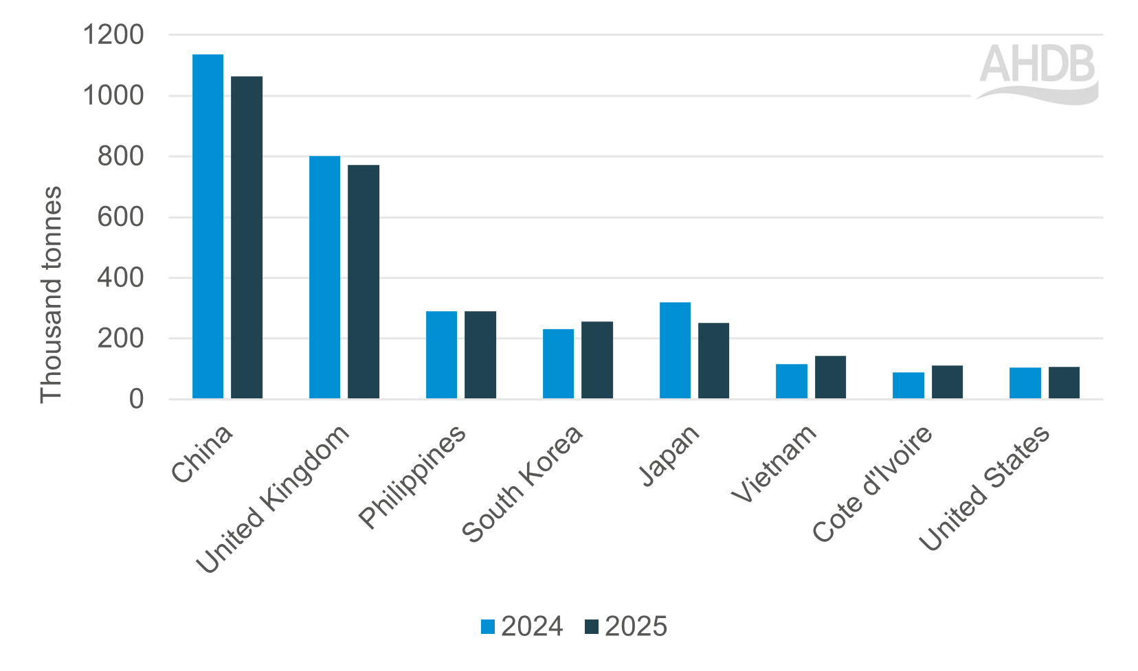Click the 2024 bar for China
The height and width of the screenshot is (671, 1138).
coord(208,227)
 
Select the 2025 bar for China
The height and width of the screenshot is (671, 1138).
coord(247,238)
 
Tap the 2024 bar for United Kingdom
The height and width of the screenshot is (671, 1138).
coord(324,277)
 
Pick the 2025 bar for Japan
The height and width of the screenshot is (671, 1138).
coord(713,361)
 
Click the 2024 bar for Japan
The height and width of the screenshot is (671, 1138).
coord(675,350)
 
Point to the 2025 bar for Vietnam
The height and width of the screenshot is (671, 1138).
coord(830,377)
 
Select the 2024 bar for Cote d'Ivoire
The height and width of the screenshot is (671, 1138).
coord(908,385)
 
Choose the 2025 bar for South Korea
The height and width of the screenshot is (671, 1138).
coord(597,360)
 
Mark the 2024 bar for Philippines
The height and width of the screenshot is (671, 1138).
coord(441,355)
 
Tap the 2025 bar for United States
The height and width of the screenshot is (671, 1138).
coord(1064,383)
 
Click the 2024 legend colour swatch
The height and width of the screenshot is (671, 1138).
coord(488,626)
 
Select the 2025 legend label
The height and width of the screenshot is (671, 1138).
coord(636,626)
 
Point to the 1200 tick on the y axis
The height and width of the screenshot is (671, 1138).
coord(113,34)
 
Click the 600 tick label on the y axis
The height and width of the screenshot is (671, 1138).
coord(120,217)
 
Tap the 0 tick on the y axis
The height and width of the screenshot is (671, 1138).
coord(136,399)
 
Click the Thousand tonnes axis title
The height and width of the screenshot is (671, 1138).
coord(51,294)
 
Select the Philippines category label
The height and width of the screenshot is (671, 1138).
coord(412,477)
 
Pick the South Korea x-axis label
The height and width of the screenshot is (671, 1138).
coord(522,484)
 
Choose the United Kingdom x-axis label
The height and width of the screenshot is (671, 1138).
coord(273,499)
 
